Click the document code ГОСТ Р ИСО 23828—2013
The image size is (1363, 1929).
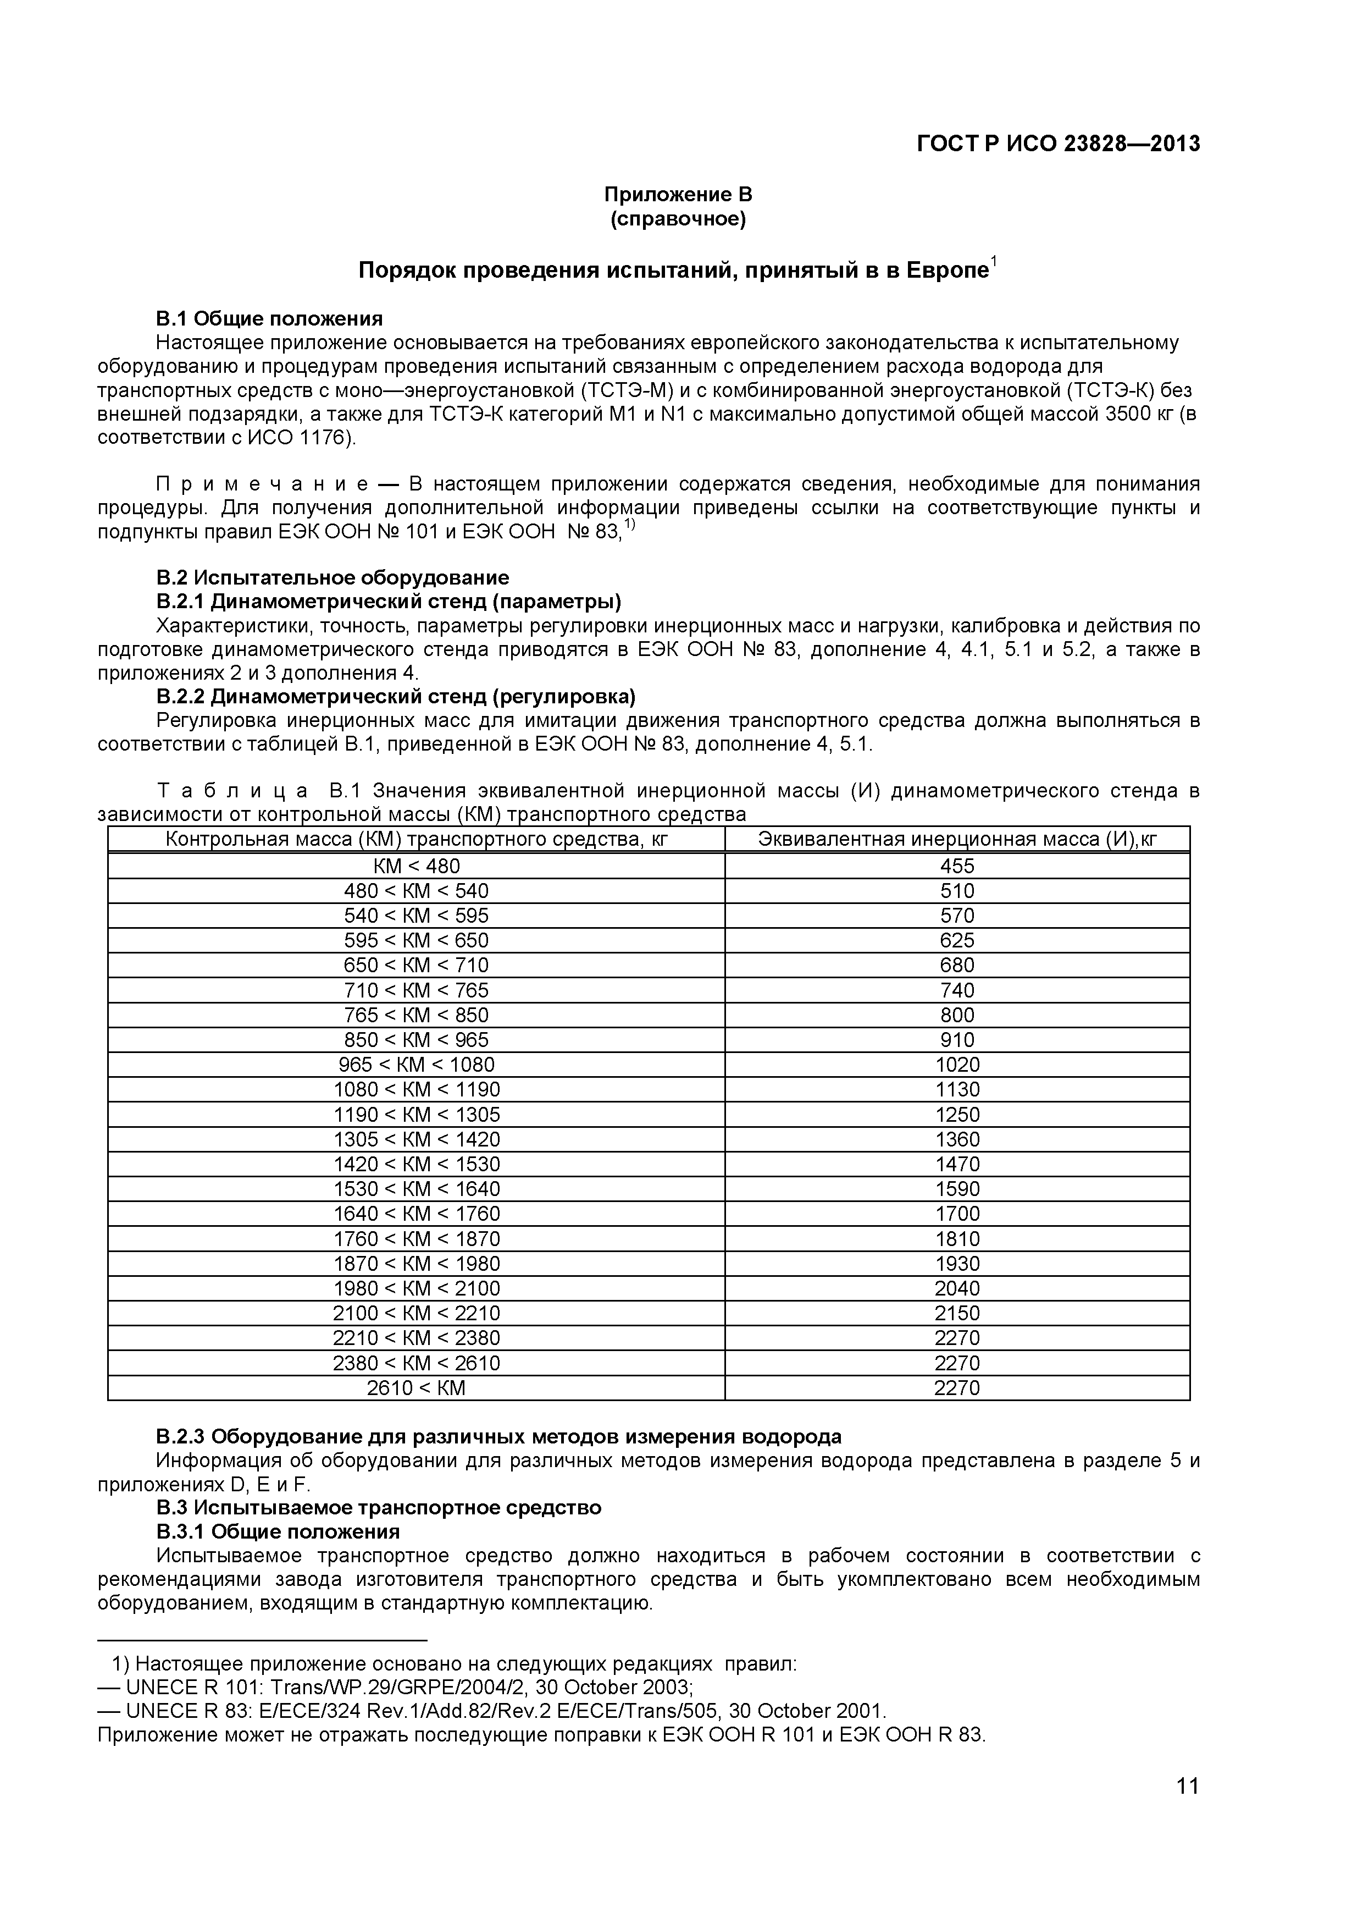[1057, 145]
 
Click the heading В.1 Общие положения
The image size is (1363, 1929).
[269, 319]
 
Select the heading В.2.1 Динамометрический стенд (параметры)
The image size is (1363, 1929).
[388, 602]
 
